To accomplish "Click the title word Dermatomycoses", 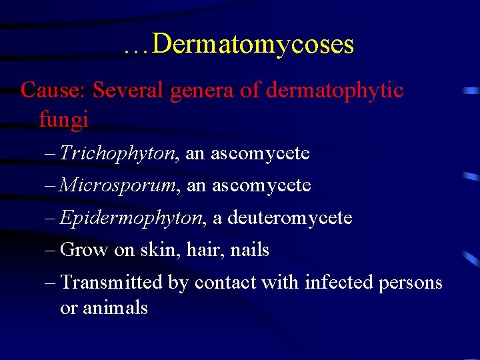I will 253,45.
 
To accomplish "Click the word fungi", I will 63,121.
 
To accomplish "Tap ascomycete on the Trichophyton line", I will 260,154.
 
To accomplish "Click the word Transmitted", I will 111,282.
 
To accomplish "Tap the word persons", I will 411,283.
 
